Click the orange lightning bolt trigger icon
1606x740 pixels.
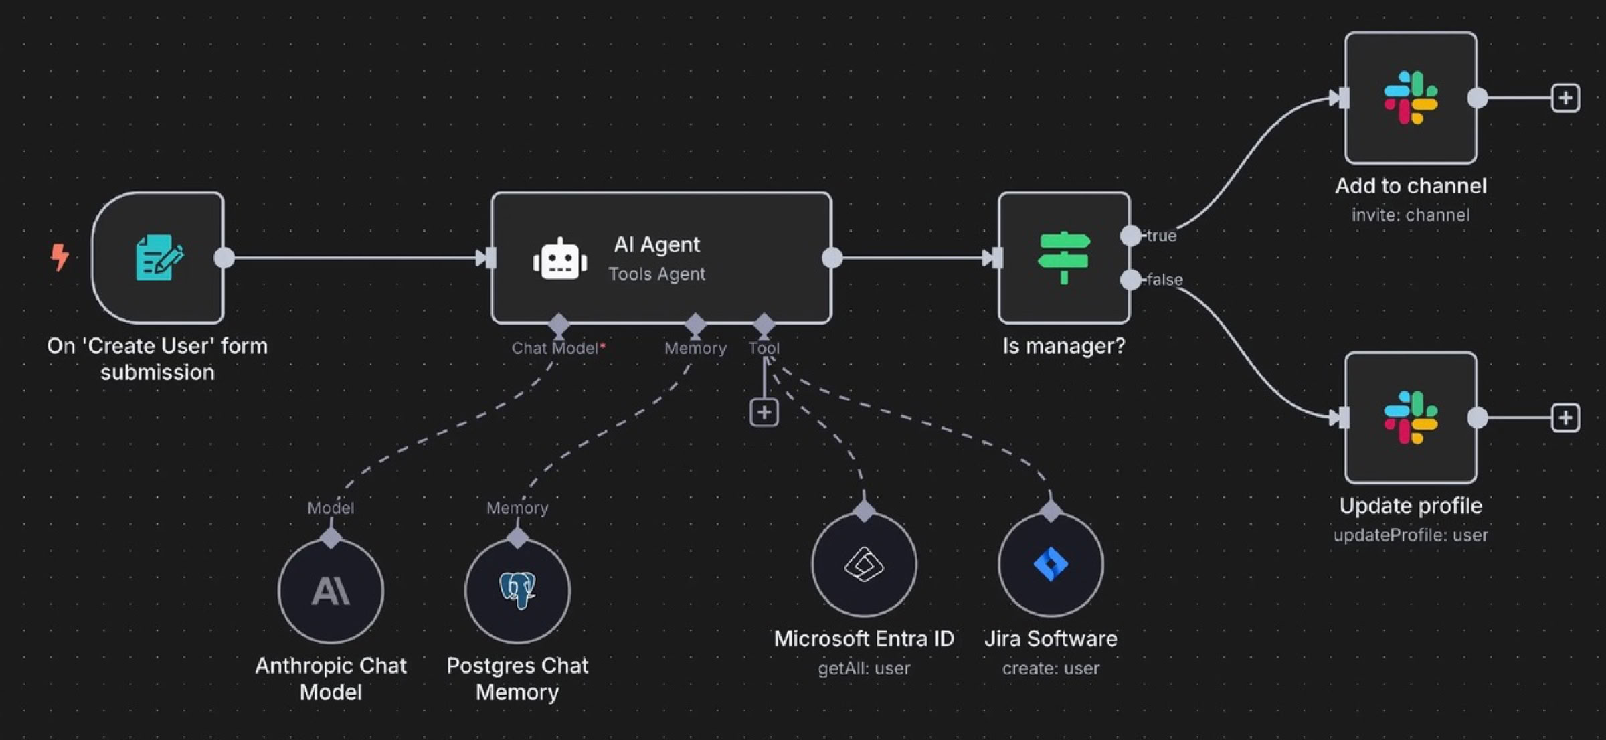pos(60,256)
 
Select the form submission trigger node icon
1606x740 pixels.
pos(159,257)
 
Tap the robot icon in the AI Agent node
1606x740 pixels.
pos(560,259)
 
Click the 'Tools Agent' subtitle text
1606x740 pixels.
pos(656,274)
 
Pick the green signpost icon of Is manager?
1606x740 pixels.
pos(1064,258)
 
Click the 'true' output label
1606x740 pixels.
pos(1161,236)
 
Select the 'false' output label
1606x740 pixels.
pos(1164,280)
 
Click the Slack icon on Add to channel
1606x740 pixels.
pos(1411,98)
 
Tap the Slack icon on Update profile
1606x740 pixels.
pos(1411,418)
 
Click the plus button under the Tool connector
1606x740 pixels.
pos(764,412)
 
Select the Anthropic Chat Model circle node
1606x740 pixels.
pos(331,591)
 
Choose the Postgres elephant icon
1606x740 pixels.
pos(517,589)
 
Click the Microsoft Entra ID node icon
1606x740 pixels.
pos(864,564)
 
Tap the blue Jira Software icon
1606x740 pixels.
pos(1051,564)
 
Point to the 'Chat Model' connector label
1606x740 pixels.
pos(555,348)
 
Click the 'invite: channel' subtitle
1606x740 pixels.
pos(1411,215)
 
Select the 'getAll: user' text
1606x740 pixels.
pos(864,668)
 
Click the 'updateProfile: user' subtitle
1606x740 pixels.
pos(1411,535)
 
